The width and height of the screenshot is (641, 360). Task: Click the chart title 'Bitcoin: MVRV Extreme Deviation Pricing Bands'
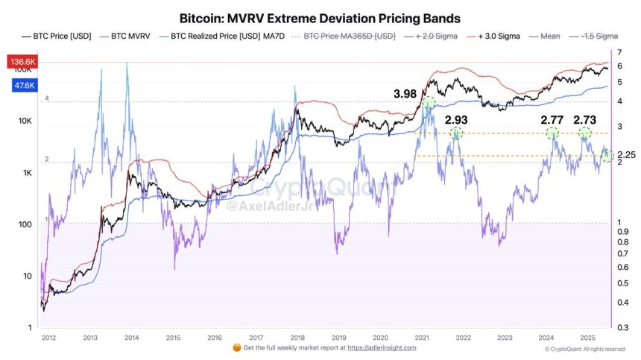click(x=320, y=16)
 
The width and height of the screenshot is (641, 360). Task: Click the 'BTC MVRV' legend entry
click(x=130, y=36)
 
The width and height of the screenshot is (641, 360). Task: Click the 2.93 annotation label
click(x=458, y=119)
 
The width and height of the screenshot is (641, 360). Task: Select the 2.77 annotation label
click(x=553, y=119)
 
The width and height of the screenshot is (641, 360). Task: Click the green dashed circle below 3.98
click(x=429, y=104)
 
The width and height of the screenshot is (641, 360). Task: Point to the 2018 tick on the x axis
click(x=297, y=337)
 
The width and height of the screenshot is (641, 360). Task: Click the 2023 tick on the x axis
click(x=504, y=337)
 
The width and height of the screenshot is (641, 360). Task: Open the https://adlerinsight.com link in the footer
click(x=381, y=348)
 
